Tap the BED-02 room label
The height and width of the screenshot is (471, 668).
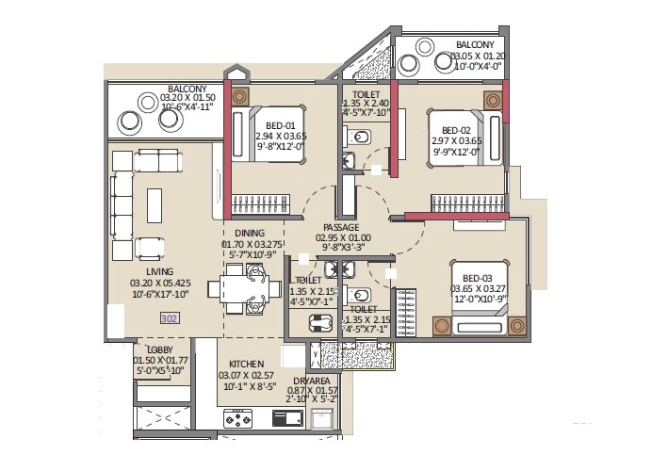(456, 130)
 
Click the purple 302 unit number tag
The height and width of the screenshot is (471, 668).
(170, 319)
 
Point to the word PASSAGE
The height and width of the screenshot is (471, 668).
(341, 227)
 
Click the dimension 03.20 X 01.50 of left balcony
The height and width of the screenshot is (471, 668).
(187, 97)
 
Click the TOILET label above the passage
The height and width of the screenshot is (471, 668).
(367, 94)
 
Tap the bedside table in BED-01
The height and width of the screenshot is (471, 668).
(241, 96)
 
